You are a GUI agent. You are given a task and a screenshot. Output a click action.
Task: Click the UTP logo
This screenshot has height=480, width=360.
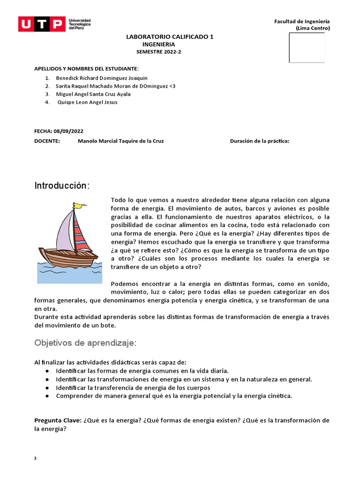pyautogui.click(x=54, y=24)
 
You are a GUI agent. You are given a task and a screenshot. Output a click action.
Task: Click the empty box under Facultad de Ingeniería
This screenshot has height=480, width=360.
pyautogui.click(x=307, y=47)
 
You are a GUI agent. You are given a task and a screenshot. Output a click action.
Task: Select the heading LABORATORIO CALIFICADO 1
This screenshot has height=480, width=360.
pyautogui.click(x=170, y=37)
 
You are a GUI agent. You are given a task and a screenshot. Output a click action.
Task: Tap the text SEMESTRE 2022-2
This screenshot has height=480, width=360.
pyautogui.click(x=158, y=52)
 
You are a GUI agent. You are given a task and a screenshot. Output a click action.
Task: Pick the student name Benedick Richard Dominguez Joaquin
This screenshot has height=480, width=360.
pyautogui.click(x=101, y=78)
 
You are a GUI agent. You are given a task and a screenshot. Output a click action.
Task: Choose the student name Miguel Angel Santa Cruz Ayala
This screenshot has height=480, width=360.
pyautogui.click(x=93, y=94)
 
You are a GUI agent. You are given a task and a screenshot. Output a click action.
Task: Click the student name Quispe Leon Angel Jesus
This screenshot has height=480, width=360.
pyautogui.click(x=87, y=102)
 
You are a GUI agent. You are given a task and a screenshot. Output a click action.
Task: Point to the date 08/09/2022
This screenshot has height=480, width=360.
pyautogui.click(x=69, y=131)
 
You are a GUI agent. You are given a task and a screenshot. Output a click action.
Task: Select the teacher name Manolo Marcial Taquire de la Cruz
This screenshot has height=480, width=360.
pyautogui.click(x=120, y=141)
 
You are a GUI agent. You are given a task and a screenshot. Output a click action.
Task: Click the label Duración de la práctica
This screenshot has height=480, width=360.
pyautogui.click(x=259, y=141)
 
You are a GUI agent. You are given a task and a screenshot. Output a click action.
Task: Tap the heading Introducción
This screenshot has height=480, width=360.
pyautogui.click(x=62, y=186)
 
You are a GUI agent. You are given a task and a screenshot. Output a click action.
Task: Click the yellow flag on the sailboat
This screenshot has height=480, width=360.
pyautogui.click(x=81, y=205)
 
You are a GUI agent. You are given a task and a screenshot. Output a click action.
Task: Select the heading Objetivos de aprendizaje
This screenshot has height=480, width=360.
pyautogui.click(x=85, y=343)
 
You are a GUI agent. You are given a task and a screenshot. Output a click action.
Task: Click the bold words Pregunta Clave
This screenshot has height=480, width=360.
pyautogui.click(x=58, y=420)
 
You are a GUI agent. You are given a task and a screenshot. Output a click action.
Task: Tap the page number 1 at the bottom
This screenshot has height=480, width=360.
pyautogui.click(x=36, y=458)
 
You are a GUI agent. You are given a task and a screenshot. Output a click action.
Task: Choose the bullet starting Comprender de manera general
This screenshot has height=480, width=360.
pyautogui.click(x=173, y=396)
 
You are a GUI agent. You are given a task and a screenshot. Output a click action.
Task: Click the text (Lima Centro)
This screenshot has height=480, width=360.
pyautogui.click(x=313, y=28)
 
